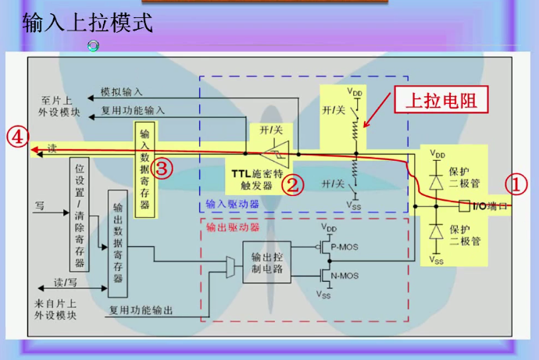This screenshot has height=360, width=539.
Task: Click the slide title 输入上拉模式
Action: (87, 23)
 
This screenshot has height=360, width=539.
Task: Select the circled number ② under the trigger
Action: (291, 184)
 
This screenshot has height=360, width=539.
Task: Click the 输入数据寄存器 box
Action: (145, 168)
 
